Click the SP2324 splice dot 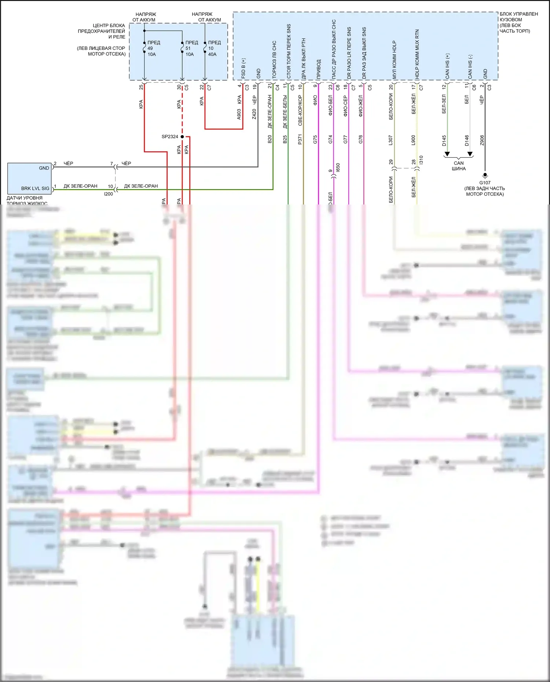click(x=182, y=137)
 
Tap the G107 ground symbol click(x=485, y=175)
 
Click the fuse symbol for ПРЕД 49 click(x=144, y=48)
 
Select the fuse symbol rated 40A click(x=205, y=48)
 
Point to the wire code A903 click(x=239, y=114)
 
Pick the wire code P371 click(x=300, y=139)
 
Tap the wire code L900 click(x=414, y=140)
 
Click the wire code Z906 click(x=482, y=140)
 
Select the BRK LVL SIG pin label click(x=35, y=188)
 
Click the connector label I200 click(x=109, y=194)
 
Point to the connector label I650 click(x=338, y=167)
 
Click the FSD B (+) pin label click(x=243, y=68)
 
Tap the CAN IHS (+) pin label click(x=447, y=66)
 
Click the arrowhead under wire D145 click(x=447, y=154)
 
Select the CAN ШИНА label click(x=459, y=166)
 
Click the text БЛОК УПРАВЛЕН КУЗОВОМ click(x=518, y=17)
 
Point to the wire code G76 click(x=361, y=139)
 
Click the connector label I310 click(x=421, y=160)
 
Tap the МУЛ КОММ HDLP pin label click(x=395, y=59)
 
